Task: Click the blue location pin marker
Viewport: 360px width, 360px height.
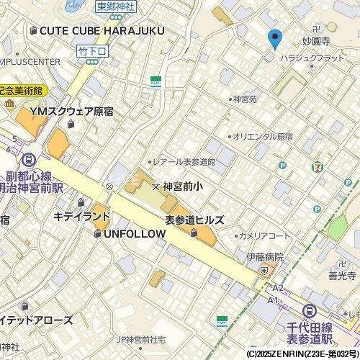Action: coord(274,39)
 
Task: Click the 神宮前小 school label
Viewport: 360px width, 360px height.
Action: coord(183,186)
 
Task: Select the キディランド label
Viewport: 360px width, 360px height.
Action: coord(83,216)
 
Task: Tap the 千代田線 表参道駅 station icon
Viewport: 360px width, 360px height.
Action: coord(310,311)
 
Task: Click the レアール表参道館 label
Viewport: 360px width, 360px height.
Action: coord(184,162)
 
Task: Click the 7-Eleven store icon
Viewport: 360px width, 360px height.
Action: coord(318,166)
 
